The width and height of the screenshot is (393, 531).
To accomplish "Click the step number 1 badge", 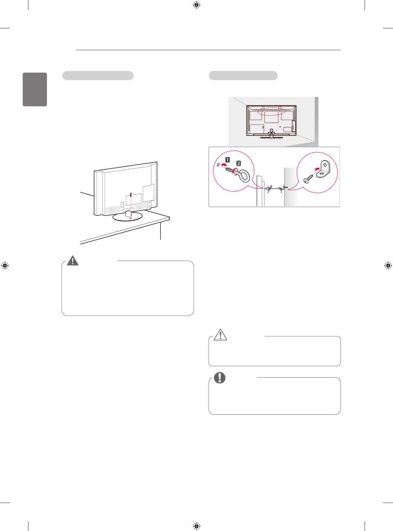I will click(x=228, y=160).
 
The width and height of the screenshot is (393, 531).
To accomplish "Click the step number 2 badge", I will click(x=239, y=163).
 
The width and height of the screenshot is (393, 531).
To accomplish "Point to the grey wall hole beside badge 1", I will click(x=218, y=165).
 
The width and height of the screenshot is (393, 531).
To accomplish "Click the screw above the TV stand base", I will click(x=131, y=194).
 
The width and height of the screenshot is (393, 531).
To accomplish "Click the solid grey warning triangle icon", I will click(x=72, y=260).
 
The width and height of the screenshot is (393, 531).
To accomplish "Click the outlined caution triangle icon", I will click(x=220, y=335).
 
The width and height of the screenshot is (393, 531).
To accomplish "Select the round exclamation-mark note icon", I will click(x=220, y=378).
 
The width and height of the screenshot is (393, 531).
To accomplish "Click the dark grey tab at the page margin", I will click(x=35, y=89).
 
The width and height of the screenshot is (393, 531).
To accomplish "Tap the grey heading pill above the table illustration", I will click(x=98, y=76).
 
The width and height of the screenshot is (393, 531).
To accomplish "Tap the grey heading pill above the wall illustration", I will click(x=243, y=76).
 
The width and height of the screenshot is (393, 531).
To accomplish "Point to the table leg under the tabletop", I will click(x=160, y=231).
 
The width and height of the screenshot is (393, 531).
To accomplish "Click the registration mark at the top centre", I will click(x=196, y=5).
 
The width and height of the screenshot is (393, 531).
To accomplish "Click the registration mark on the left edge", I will click(x=5, y=265).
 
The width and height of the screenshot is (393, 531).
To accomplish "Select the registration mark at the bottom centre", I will click(x=196, y=526).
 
